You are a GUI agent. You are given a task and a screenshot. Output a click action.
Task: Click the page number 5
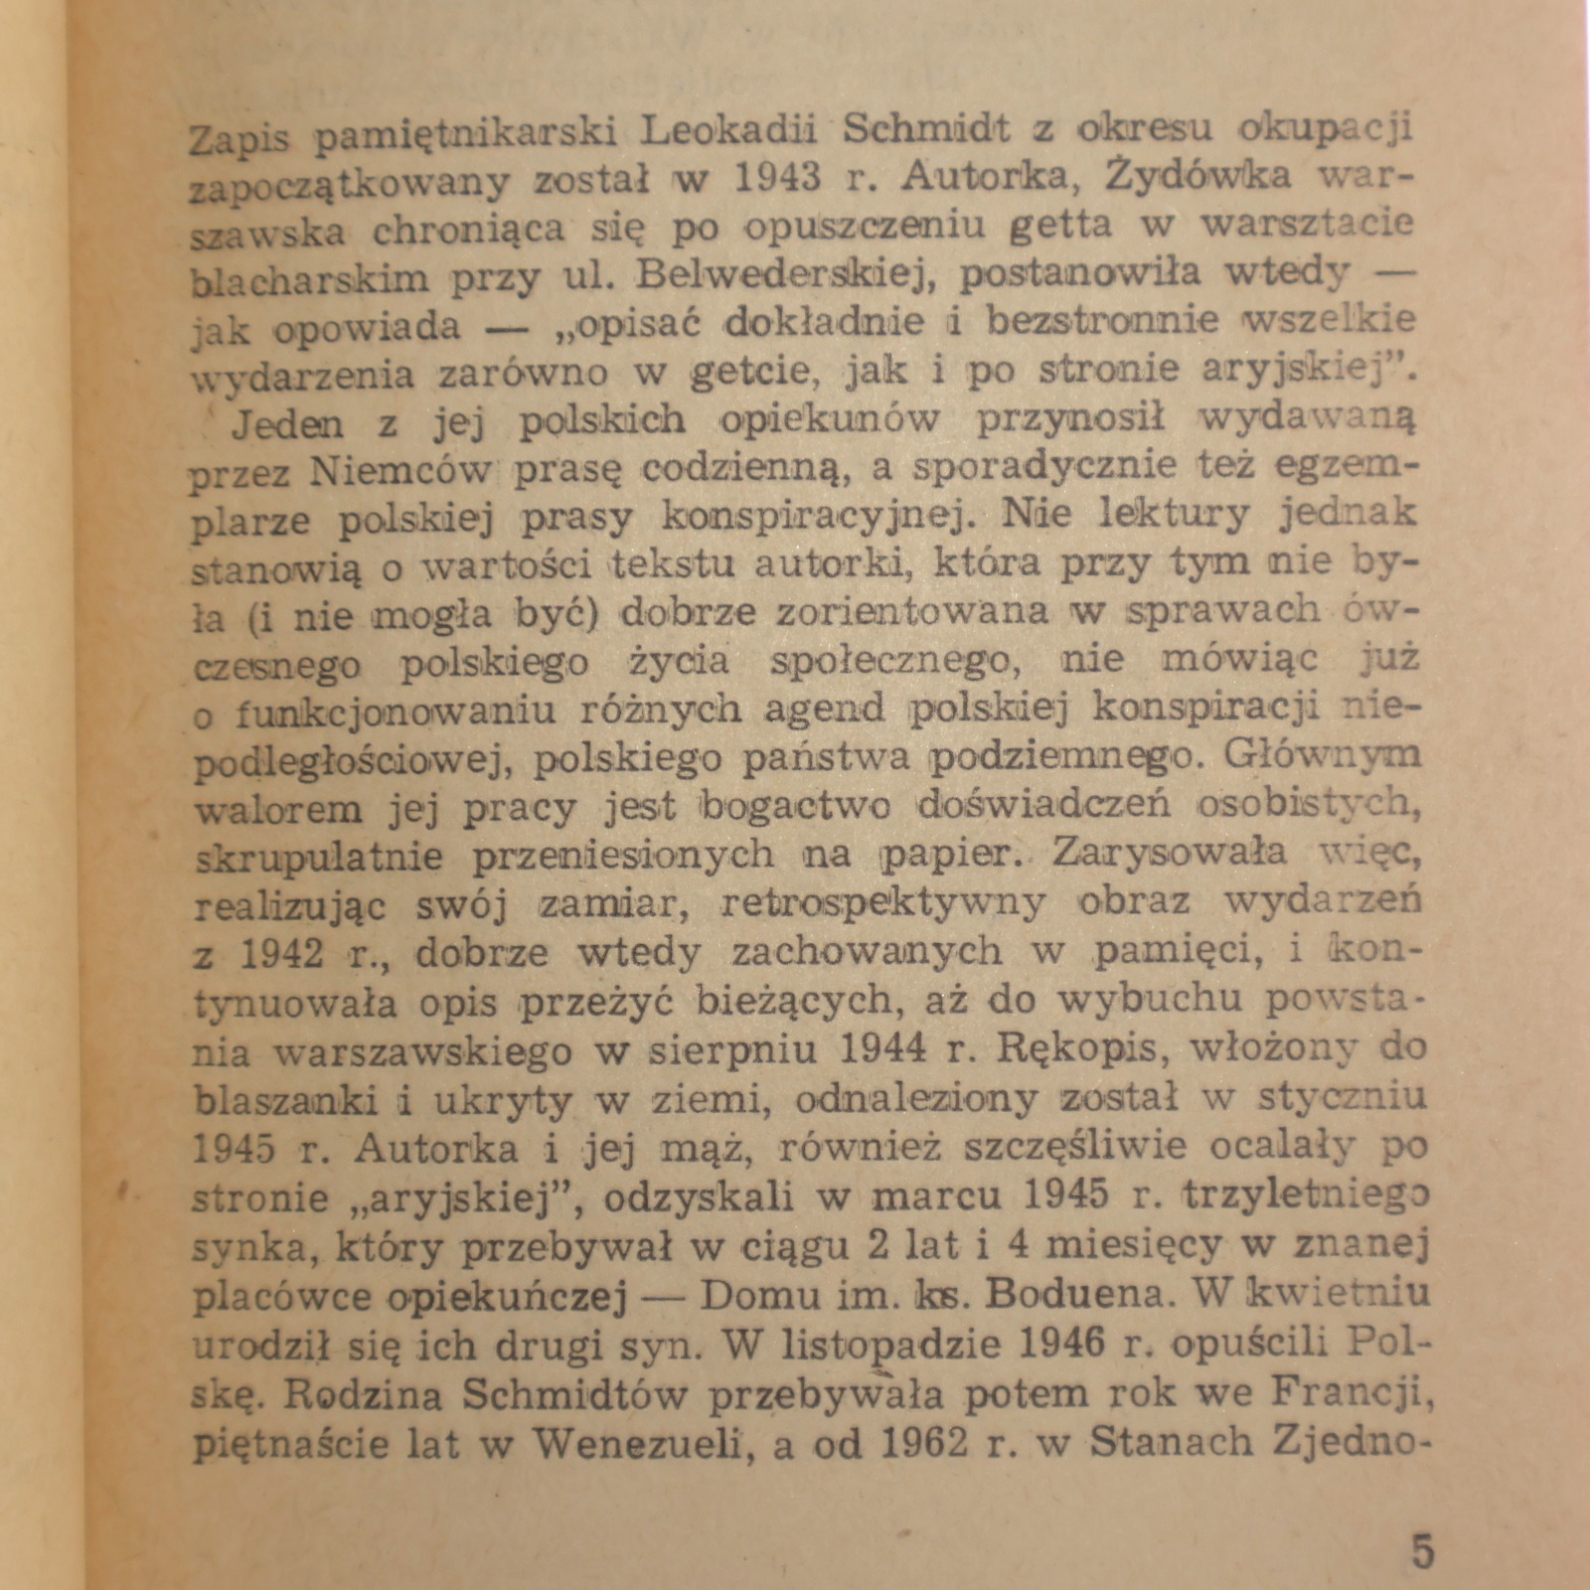click(x=1423, y=1551)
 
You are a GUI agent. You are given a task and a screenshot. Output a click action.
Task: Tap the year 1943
click(x=779, y=179)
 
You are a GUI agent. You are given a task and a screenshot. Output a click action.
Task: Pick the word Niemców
click(x=400, y=469)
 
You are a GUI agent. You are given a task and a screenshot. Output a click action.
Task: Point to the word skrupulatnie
click(x=319, y=857)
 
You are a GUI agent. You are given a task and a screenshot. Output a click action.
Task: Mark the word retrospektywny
click(x=882, y=902)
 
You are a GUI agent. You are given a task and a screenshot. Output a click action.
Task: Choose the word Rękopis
click(x=1083, y=1047)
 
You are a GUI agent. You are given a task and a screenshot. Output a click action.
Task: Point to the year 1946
click(x=1061, y=1344)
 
